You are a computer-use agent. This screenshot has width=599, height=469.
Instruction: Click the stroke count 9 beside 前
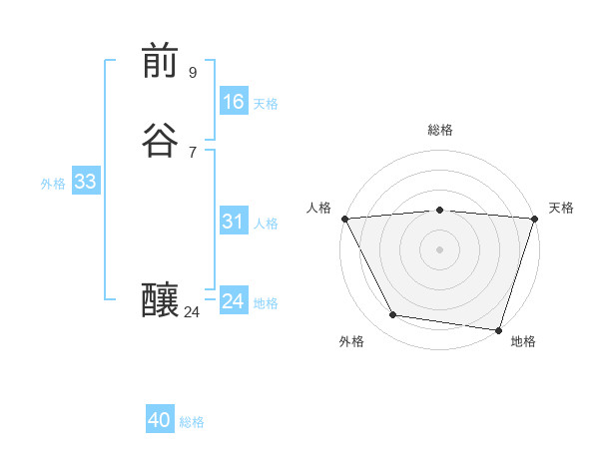coord(193,72)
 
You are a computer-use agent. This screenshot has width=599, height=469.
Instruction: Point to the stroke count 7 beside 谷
coord(193,152)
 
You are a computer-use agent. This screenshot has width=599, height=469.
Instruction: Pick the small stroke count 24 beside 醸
coord(192,312)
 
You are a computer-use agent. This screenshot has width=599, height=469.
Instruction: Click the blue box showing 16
coord(233,102)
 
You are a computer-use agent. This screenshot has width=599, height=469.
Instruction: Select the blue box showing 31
coord(233,222)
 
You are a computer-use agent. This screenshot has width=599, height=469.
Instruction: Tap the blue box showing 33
coord(85,182)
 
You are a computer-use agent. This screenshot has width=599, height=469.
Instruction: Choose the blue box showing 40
coord(160,420)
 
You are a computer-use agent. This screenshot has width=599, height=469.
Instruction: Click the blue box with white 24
coord(233,301)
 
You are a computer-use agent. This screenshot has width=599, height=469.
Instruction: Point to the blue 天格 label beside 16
coord(266,104)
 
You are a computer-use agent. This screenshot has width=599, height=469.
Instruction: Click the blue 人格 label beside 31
coord(266,224)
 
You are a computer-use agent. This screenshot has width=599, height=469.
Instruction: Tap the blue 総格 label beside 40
coord(192,422)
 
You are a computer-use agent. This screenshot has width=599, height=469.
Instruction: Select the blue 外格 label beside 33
coord(53,184)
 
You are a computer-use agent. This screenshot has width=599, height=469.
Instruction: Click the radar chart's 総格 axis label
coord(440,130)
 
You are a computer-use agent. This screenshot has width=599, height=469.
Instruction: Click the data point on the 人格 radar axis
coord(344,219)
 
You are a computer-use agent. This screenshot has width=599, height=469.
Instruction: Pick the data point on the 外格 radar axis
coord(393,315)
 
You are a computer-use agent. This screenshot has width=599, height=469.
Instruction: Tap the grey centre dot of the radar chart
coord(440,249)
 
